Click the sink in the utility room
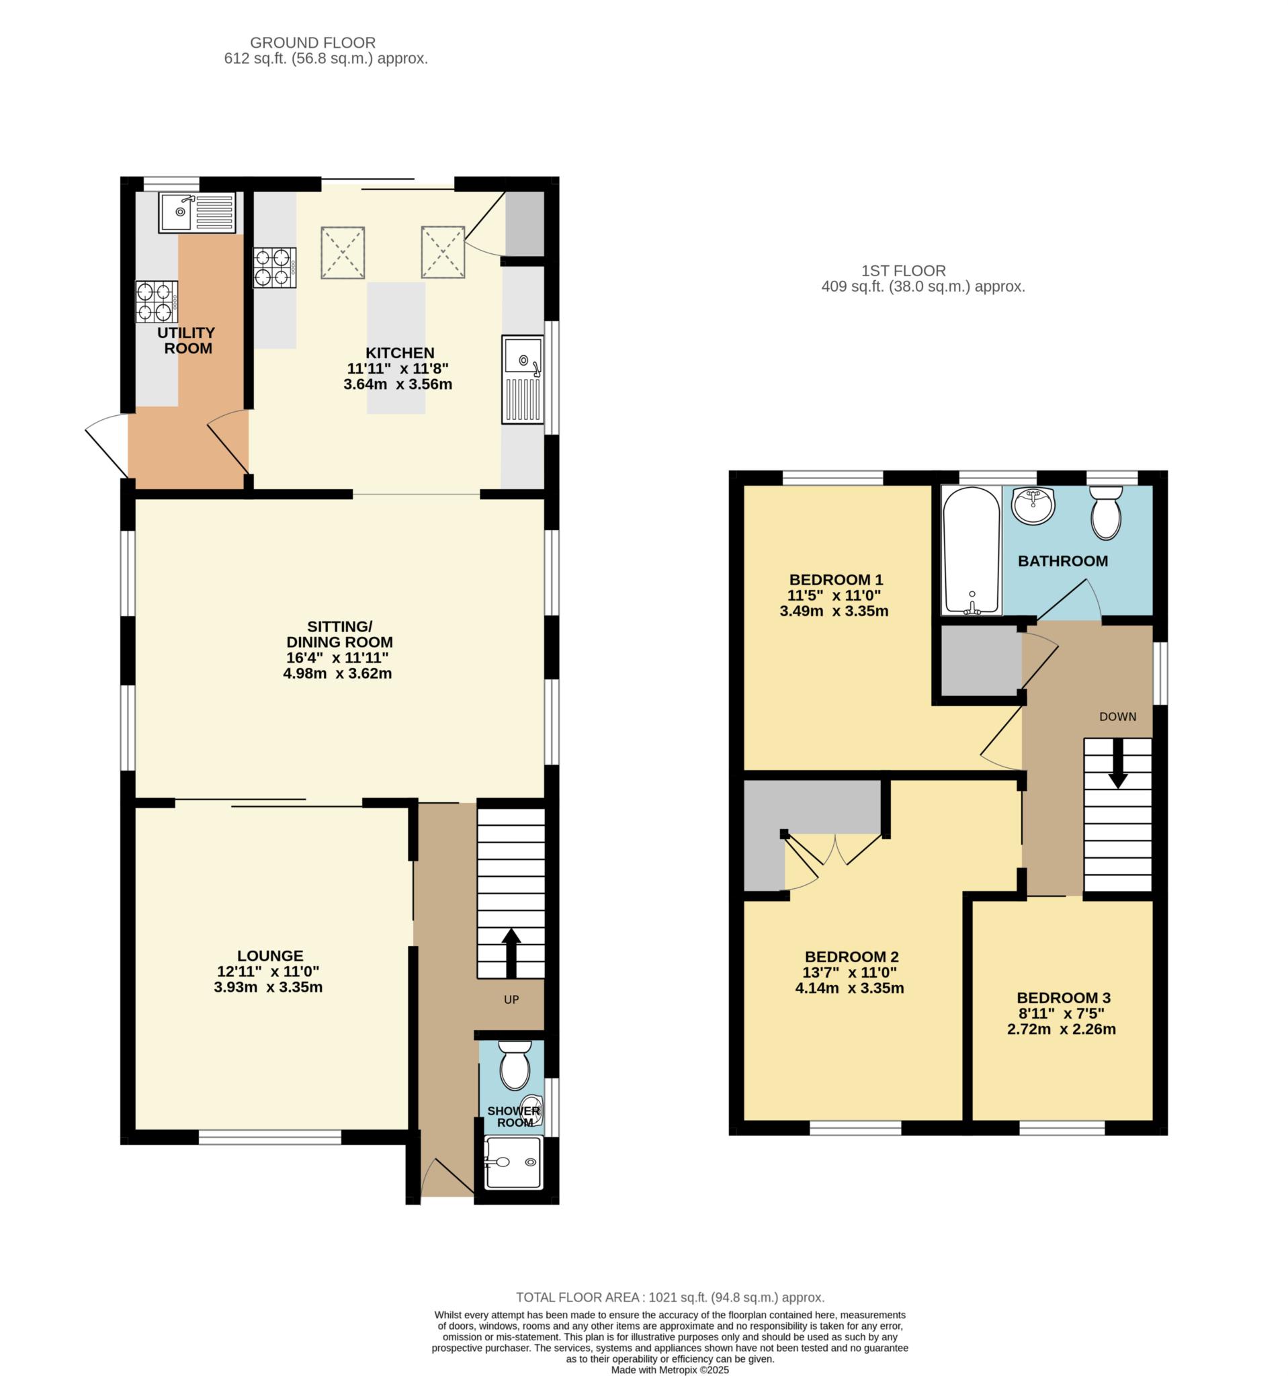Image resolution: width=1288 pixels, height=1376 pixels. point(198,212)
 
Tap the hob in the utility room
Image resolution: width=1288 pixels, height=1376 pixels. point(157,302)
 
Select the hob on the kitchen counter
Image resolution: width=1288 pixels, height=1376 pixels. point(275,268)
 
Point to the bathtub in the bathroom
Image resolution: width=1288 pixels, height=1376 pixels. point(971,550)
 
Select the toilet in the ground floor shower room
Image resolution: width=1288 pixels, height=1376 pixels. point(513,1065)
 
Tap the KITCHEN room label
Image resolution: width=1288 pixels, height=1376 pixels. point(400,353)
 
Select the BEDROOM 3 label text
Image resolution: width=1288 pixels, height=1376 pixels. point(1063,997)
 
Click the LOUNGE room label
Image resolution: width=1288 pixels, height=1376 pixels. point(270,956)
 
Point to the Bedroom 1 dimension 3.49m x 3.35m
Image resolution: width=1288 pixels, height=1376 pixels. point(834,611)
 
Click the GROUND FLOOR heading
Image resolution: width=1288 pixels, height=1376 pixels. point(313,43)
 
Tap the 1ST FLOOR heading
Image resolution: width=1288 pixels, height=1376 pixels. point(903,271)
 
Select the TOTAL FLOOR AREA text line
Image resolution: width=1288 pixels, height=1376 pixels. point(671,1297)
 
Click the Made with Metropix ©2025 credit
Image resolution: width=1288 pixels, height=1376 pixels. point(670,1370)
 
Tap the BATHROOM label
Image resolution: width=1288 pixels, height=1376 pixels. point(1062,561)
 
